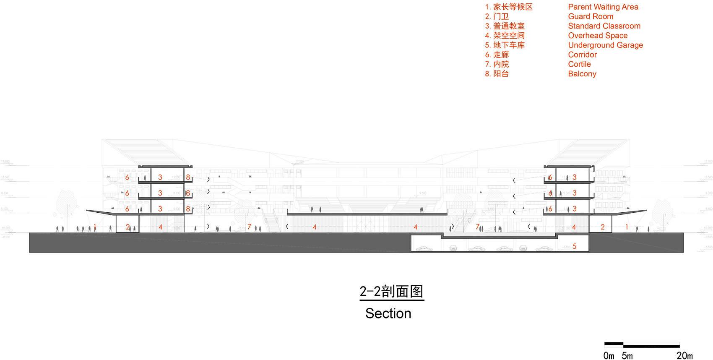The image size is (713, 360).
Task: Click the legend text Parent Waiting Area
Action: [603, 7]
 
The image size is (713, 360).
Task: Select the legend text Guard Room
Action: [591, 16]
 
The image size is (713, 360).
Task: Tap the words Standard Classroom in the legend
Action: [604, 26]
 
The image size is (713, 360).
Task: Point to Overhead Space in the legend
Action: [598, 36]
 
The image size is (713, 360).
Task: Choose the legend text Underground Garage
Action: [605, 45]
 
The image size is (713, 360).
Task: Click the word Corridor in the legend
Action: [582, 55]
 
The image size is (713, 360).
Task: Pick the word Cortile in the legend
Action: [579, 64]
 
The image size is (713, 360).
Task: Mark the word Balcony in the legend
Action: [582, 74]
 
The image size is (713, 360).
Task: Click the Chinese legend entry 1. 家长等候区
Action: [509, 7]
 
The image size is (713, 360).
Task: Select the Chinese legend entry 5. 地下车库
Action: [505, 45]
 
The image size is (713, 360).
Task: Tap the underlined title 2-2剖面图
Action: [391, 292]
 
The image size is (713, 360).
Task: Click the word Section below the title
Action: [388, 313]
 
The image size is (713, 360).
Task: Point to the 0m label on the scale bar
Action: [609, 356]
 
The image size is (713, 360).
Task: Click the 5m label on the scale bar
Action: [627, 356]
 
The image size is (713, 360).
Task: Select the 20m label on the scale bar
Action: [684, 356]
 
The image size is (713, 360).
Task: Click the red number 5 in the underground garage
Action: [574, 246]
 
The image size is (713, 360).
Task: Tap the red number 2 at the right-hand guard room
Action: [602, 227]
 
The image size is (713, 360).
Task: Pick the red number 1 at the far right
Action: [627, 227]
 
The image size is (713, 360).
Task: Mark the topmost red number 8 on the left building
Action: [188, 177]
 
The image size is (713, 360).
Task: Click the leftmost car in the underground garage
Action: [424, 249]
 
